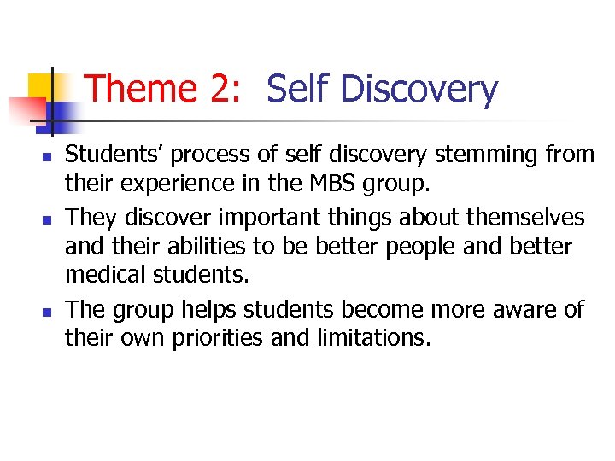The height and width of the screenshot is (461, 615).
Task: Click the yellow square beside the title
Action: (x=40, y=85)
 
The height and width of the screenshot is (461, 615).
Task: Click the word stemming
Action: (x=485, y=155)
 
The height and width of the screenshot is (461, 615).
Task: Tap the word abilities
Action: (x=202, y=247)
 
